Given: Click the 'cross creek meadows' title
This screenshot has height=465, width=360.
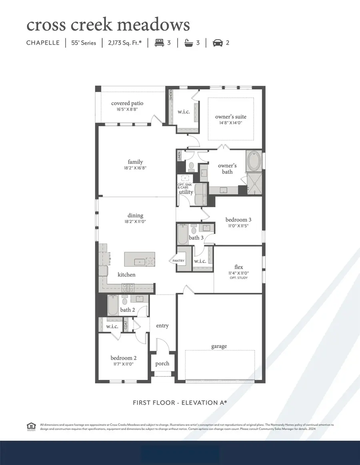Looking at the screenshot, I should tap(108, 25).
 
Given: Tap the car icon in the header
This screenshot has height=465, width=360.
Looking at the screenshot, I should tap(218, 43).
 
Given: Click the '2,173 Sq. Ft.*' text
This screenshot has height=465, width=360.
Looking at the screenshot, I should tap(124, 43).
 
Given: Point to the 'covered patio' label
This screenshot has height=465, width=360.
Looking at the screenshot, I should tap(127, 103).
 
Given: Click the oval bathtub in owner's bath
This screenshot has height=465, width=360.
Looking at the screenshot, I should tap(254, 161).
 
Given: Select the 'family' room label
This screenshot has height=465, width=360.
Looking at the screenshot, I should tap(135, 162).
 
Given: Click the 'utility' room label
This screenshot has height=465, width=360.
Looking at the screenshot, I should tap(186, 192).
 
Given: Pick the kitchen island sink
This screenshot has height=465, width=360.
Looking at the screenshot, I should tap(140, 262).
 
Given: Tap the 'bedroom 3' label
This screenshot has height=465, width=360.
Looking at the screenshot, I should tap(238, 220).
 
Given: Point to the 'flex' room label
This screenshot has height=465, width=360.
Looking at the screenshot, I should tap(238, 267).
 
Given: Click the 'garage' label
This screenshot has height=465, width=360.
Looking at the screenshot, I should tap(219, 346).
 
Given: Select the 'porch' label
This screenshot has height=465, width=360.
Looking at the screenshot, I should tap(162, 363).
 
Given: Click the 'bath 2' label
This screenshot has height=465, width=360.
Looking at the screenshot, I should tap(128, 310).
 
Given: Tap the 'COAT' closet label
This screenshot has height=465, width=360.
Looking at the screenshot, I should tap(126, 325).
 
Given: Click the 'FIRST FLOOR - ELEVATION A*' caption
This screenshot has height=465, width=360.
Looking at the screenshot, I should tap(180, 403).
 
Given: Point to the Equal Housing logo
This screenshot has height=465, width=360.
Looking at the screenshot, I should tap(30, 426).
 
